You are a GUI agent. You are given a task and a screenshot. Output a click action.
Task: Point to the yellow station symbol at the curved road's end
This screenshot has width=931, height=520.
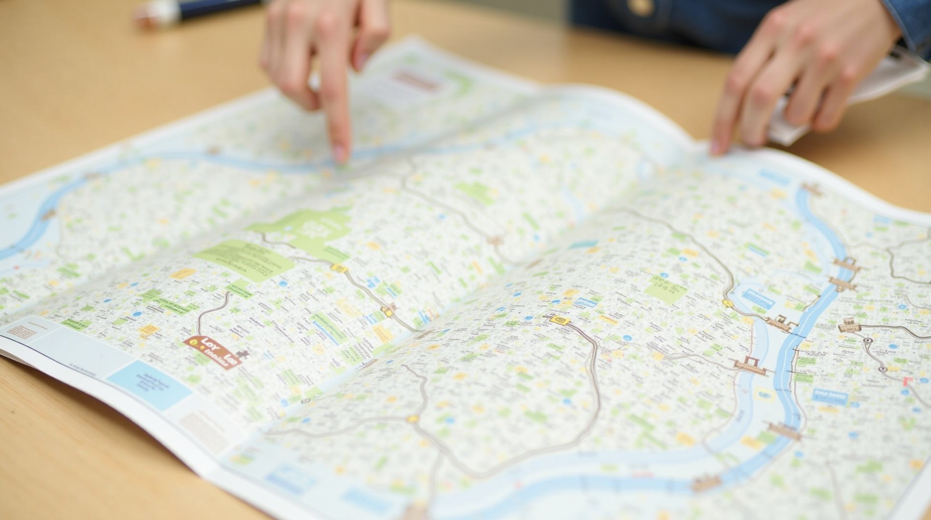pos(560,320)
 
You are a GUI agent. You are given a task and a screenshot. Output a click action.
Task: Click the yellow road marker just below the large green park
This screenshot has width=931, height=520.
pos(338,268)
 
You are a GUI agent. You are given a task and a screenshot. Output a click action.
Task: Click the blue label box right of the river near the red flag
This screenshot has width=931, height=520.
pos(830,396)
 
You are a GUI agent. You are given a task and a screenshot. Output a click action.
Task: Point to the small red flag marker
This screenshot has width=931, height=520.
pos(905,381)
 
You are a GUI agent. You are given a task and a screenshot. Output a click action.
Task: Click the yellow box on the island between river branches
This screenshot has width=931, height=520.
pos(763,393)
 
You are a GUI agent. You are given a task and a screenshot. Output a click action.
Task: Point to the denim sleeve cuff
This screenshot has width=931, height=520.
pos(912,22)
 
